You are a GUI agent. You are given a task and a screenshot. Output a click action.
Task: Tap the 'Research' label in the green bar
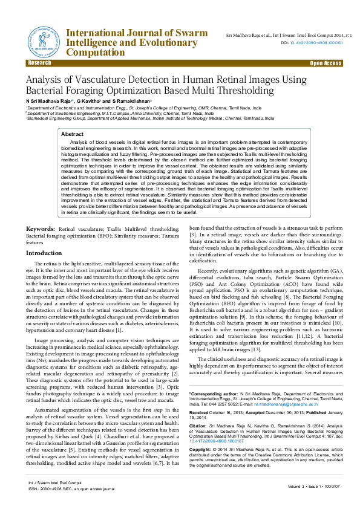(x=39, y=63)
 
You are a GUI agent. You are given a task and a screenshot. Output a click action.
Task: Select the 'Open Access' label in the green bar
(x=326, y=63)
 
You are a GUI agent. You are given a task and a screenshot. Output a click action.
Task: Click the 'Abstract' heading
(x=73, y=134)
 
